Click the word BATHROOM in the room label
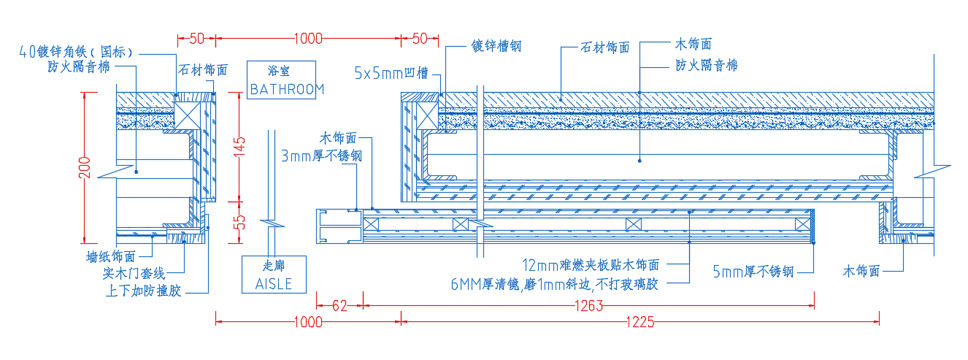click(287, 90)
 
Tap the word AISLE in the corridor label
click(274, 284)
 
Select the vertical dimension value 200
click(85, 168)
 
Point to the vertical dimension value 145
click(239, 146)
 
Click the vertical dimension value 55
click(239, 223)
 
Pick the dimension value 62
click(339, 306)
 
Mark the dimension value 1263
click(589, 306)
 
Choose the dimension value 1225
click(640, 322)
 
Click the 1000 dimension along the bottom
click(308, 322)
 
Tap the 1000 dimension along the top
click(308, 39)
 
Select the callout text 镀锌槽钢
click(496, 46)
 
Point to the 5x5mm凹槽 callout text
click(391, 73)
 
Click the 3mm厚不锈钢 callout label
click(321, 156)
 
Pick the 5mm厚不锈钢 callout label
click(753, 272)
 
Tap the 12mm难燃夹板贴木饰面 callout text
click(591, 264)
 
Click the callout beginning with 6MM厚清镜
click(554, 284)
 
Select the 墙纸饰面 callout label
click(111, 257)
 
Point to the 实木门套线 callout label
click(134, 273)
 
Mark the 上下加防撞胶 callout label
click(144, 291)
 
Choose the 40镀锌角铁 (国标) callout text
click(76, 52)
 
